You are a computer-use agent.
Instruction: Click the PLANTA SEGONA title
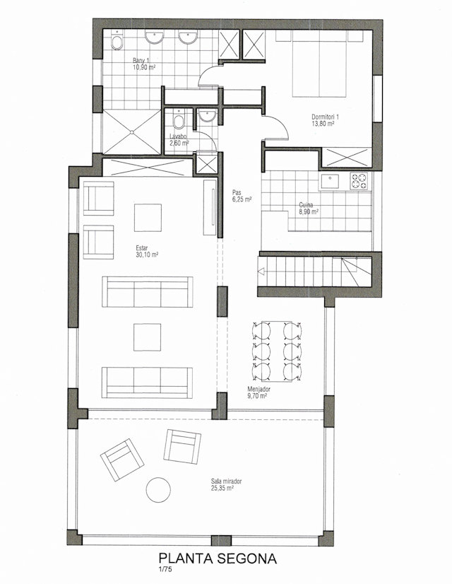[218, 558]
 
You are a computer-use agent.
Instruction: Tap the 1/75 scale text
[165, 568]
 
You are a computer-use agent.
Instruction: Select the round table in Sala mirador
[158, 490]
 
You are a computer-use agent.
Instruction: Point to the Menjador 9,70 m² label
[258, 392]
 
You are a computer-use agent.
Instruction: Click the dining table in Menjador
[276, 351]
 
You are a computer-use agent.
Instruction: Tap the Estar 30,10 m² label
[147, 252]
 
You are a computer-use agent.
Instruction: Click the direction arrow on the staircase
[261, 271]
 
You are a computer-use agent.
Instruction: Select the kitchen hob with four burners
[359, 182]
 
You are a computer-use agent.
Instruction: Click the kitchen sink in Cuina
[330, 182]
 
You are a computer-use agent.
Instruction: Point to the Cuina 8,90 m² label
[309, 209]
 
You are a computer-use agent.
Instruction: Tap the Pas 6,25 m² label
[242, 196]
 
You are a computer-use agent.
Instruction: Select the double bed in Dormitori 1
[319, 64]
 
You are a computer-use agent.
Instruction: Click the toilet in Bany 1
[117, 42]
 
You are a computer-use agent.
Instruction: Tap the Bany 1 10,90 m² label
[144, 64]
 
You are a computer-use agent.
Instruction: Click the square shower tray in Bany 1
[131, 132]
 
